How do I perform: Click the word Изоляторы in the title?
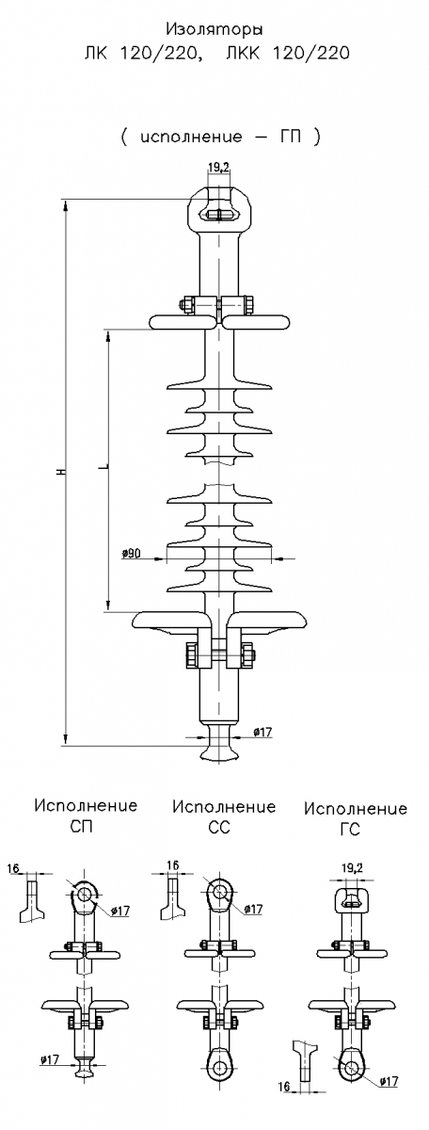pyautogui.click(x=214, y=31)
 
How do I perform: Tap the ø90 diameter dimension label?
pyautogui.click(x=131, y=554)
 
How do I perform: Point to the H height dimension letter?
pyautogui.click(x=61, y=472)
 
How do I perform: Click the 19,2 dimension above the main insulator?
pyautogui.click(x=217, y=168)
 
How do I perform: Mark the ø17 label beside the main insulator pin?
pyautogui.click(x=262, y=732)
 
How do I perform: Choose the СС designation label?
pyautogui.click(x=219, y=828)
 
